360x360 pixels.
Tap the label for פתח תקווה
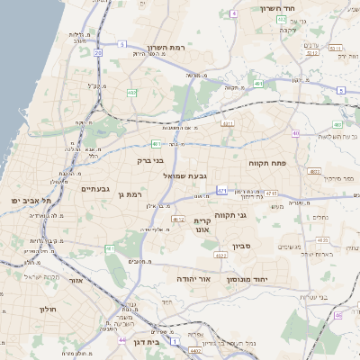coord(266,163)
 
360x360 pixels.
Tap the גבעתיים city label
coord(94,189)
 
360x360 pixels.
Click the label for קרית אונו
coord(202,224)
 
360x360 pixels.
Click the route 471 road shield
coord(221,191)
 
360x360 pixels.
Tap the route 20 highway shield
coord(97,53)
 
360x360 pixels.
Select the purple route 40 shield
coord(295,133)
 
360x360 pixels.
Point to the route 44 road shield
coord(121,340)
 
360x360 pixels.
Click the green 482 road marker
coord(131,92)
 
